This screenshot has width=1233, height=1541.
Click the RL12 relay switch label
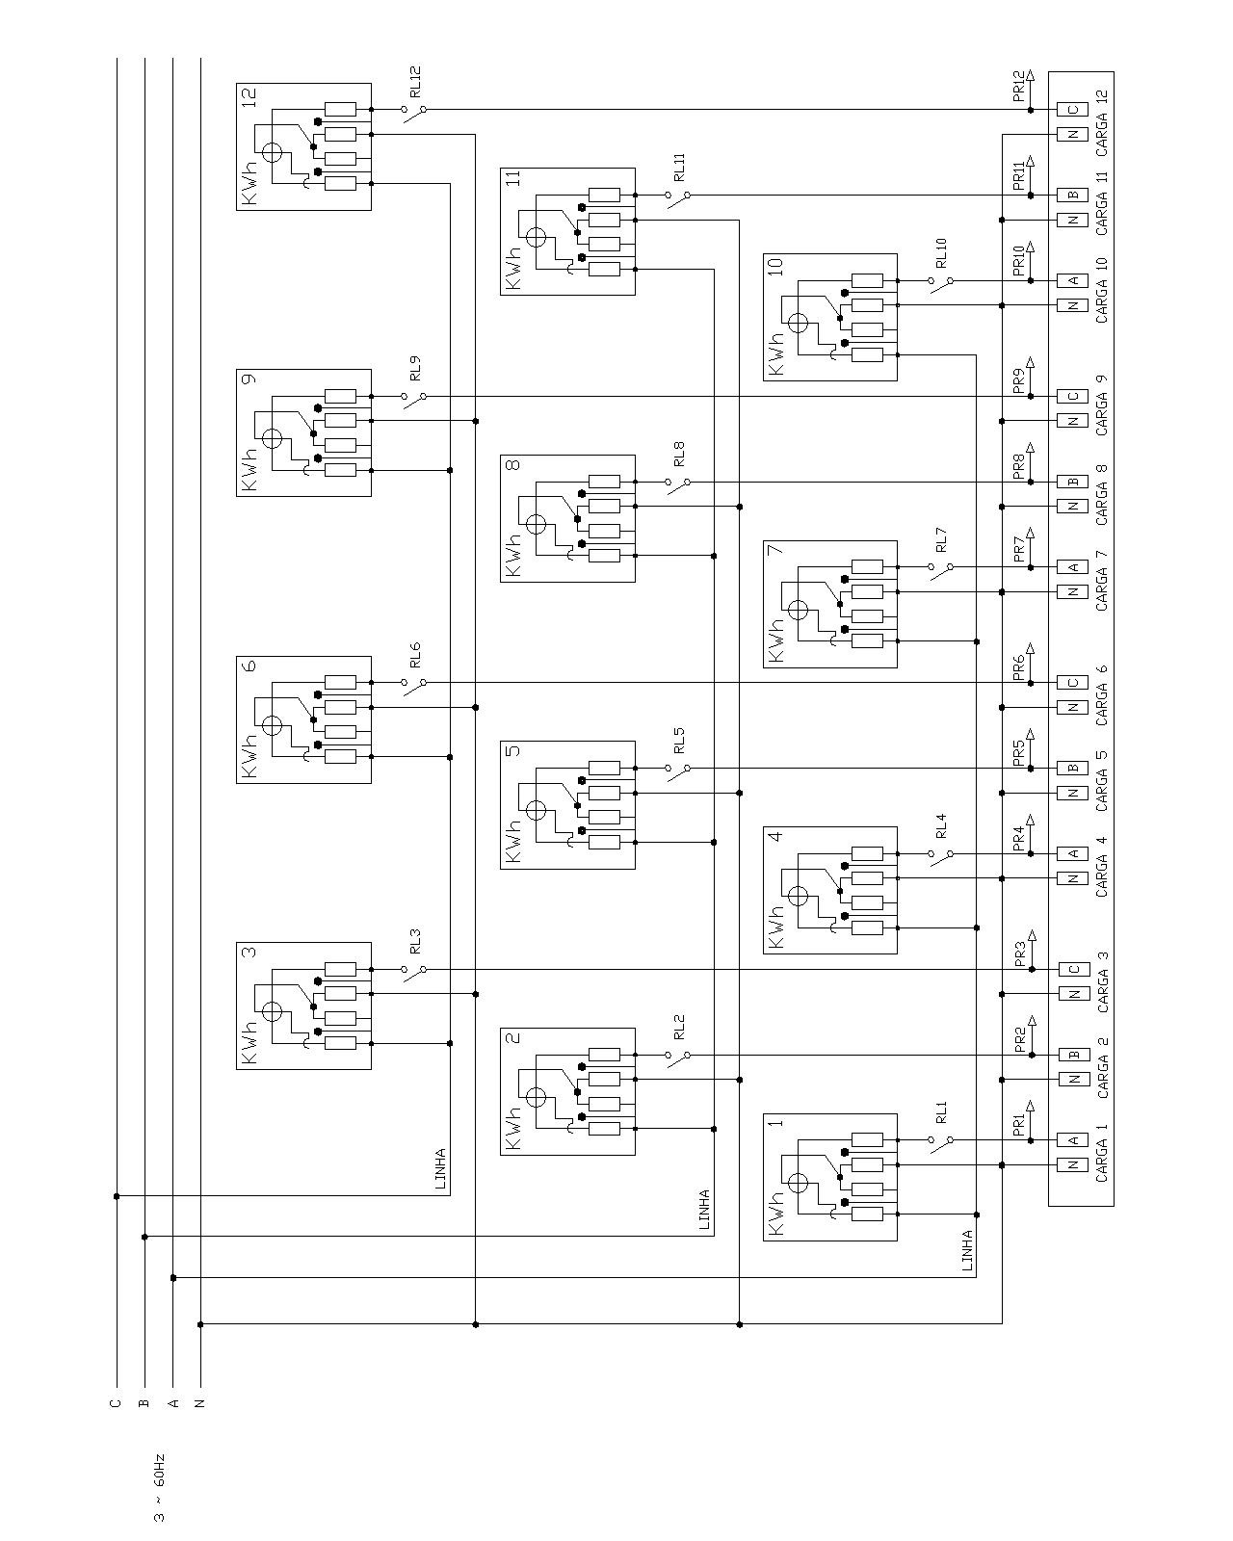416,82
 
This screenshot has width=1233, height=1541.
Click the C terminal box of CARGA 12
1072,110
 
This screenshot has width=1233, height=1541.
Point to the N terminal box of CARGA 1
1072,1165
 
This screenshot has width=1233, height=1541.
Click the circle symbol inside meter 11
536,238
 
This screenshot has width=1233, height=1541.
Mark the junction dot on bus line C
117,1196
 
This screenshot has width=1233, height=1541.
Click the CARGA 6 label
1102,695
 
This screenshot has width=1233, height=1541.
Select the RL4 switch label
941,825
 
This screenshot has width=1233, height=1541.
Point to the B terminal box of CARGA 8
1072,482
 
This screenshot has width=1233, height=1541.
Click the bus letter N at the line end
200,1403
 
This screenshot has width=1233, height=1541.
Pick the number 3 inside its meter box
249,952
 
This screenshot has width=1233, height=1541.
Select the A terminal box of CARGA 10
1072,280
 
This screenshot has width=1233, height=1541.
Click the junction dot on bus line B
144,1237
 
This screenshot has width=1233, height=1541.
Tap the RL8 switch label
679,454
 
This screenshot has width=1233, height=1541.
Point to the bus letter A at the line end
172,1403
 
